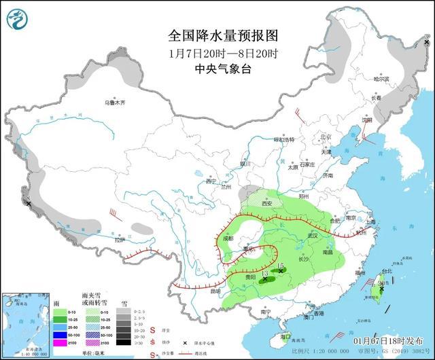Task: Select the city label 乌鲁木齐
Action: click(x=115, y=103)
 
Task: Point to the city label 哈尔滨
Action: click(x=383, y=79)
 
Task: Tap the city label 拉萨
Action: click(x=120, y=240)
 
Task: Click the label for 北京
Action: click(x=324, y=137)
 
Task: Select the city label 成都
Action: click(x=226, y=238)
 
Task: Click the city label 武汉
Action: click(x=312, y=236)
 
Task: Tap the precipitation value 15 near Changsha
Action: click(x=280, y=265)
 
